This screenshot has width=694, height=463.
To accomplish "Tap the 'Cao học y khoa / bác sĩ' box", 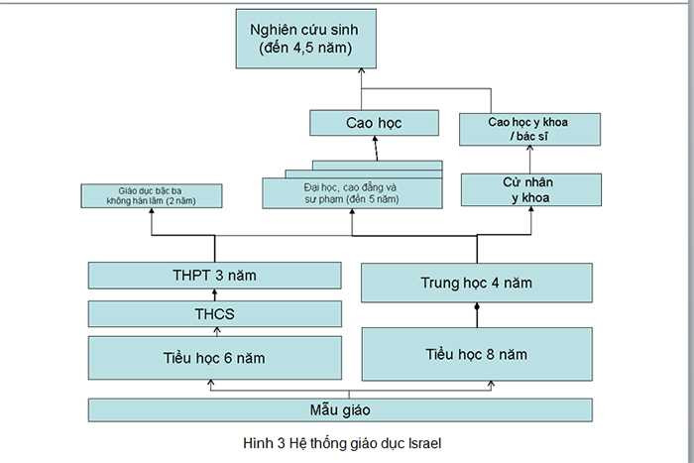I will (530, 129).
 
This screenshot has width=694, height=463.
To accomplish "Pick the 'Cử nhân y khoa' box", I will (530, 188).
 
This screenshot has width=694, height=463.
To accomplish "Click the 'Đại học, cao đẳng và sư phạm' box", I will (351, 192).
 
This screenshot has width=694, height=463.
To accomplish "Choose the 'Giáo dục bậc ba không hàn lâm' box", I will (151, 194).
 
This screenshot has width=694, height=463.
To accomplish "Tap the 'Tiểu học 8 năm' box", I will (477, 354).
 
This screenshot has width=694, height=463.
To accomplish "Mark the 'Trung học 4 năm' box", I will (477, 283).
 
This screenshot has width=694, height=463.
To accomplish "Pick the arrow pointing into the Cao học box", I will (376, 149).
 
